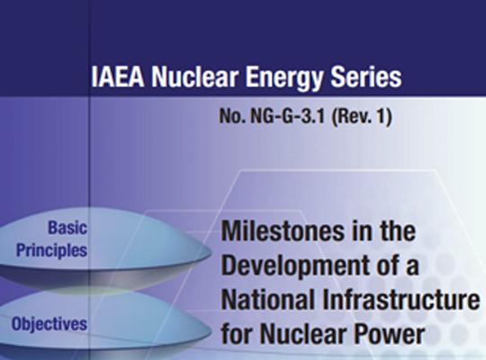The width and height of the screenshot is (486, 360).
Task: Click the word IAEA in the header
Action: pos(118,76)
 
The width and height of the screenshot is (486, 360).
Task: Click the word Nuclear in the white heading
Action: pos(195,76)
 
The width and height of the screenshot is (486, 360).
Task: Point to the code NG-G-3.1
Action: pos(288,117)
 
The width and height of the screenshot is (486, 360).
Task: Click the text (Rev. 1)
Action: pos(362,117)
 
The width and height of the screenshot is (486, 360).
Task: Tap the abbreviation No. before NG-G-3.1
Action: pos(233,117)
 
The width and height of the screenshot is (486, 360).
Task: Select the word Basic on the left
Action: pos(67,228)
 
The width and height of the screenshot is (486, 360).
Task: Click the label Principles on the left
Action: pos(52,251)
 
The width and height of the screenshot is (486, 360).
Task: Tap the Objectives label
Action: pos(49,324)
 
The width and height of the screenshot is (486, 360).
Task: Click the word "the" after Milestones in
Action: pos(398,231)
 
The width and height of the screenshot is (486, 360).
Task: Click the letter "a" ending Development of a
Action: pos(412,267)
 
